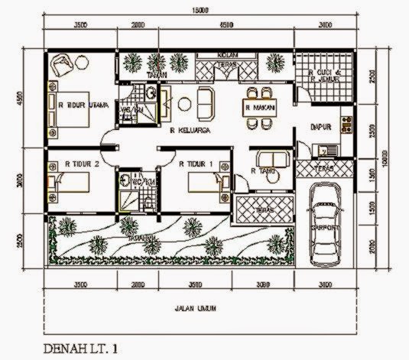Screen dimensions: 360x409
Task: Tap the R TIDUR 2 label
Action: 83,163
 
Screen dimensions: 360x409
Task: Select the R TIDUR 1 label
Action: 196,163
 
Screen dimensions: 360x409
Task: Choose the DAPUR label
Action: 319,127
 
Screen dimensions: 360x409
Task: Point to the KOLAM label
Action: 228,56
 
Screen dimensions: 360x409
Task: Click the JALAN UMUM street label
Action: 191,309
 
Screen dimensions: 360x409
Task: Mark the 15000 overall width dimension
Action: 201,10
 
